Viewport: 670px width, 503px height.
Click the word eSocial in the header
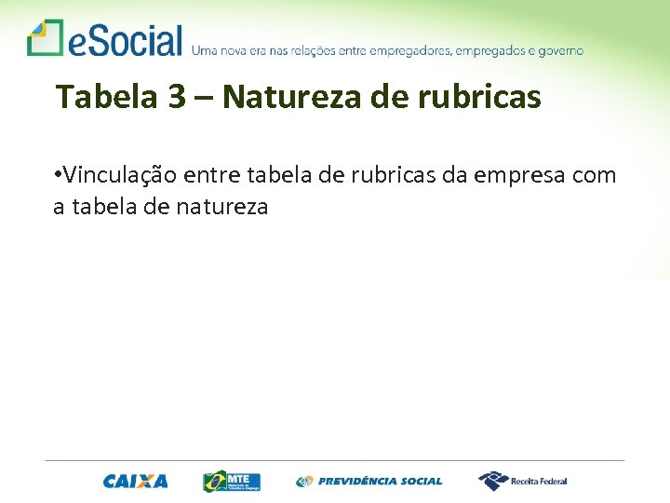point(125,41)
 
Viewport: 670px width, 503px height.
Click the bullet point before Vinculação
point(58,175)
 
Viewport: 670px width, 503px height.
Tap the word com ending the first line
point(596,176)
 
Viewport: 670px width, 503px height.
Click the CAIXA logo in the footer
point(136,482)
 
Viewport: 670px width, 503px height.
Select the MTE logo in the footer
point(232,481)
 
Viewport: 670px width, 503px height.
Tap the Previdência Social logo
point(369,482)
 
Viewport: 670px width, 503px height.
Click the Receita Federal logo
point(522,481)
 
